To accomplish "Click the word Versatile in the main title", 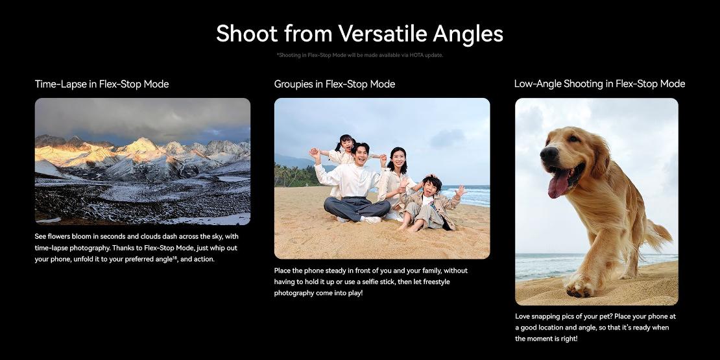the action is (x=382, y=34).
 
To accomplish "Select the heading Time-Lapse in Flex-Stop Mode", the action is (x=102, y=84).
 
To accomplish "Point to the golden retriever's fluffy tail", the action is (x=658, y=235).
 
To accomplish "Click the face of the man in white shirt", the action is (x=361, y=154).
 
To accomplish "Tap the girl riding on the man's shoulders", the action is (x=345, y=149).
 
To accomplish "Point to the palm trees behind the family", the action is (x=293, y=175).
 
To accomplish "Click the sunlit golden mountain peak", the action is (x=141, y=145).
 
